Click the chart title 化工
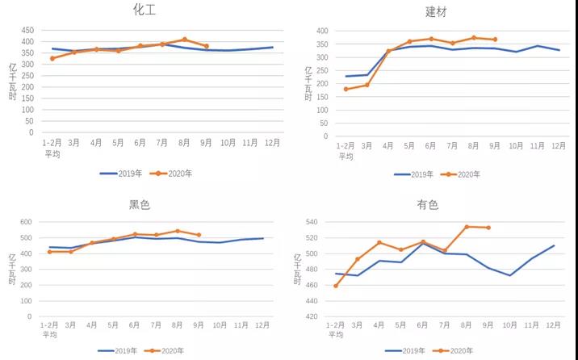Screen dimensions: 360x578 tap(144, 10)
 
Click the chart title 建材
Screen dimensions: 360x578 tap(436, 12)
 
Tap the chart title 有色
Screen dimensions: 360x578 tap(428, 205)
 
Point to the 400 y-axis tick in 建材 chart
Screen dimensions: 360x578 tap(321, 31)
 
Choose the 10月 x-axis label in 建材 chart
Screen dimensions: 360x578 tap(515, 146)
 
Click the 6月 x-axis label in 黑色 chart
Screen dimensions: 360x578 tap(134, 325)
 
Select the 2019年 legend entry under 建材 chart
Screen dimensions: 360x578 tap(413, 174)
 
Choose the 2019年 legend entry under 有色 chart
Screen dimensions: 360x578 tap(405, 351)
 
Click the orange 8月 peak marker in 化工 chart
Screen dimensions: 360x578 tap(185, 40)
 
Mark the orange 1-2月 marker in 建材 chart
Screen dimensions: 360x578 tap(346, 89)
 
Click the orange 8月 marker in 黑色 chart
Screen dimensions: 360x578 tap(178, 232)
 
